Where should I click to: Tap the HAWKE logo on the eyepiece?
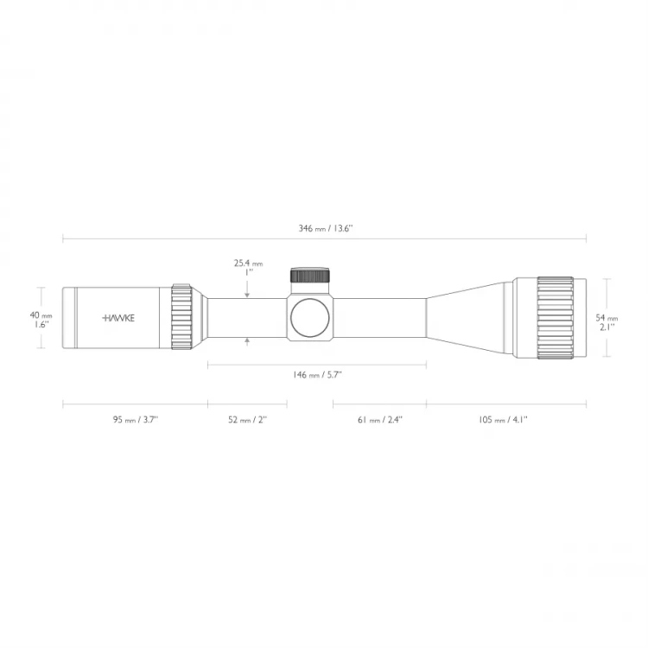(x=119, y=318)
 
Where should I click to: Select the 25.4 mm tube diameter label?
(x=247, y=263)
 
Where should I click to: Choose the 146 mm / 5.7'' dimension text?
(x=317, y=375)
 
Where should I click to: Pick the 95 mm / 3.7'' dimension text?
(x=135, y=419)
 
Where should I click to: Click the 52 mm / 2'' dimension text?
(x=247, y=419)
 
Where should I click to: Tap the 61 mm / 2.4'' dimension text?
(x=380, y=419)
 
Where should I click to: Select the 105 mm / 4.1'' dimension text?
(x=503, y=419)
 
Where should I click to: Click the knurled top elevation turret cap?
(x=310, y=276)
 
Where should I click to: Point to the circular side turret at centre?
(x=310, y=317)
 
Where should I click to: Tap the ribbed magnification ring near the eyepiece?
(x=181, y=316)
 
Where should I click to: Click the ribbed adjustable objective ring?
(x=555, y=316)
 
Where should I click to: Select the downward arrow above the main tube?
(x=247, y=295)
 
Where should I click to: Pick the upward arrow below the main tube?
(x=247, y=341)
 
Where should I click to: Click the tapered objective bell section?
(x=471, y=317)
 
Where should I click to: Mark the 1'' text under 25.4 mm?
(x=247, y=272)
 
